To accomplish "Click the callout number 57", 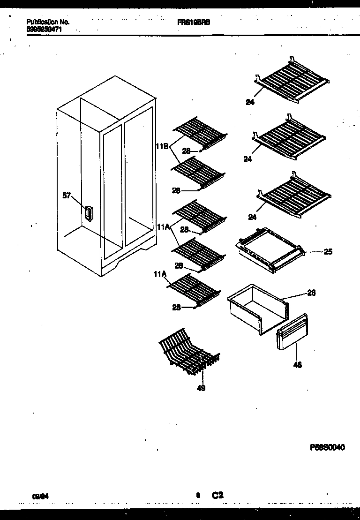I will [x=67, y=196].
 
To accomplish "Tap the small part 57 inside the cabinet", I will [x=87, y=213].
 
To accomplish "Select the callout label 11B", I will [x=162, y=145].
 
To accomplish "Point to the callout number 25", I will [x=328, y=252].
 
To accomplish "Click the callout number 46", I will [x=298, y=364].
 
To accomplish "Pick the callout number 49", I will [x=201, y=388].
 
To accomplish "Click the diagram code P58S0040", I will [x=327, y=447].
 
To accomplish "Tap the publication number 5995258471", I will [x=45, y=29].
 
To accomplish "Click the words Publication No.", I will [x=48, y=22].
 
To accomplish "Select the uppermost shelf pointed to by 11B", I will [x=200, y=133].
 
